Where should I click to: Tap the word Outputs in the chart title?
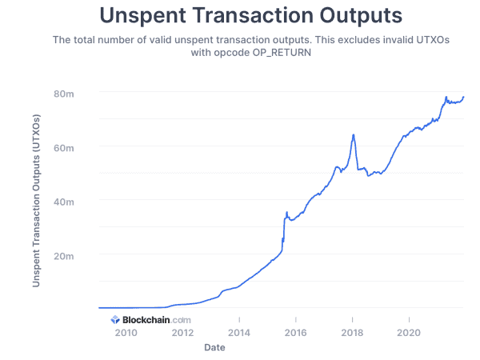tap(353, 15)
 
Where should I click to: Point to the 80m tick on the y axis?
tap(65, 94)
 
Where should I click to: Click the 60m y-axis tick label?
tap(65, 147)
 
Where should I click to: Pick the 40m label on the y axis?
tap(65, 201)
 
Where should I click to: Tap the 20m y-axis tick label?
tap(65, 255)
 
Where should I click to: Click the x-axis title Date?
tap(214, 348)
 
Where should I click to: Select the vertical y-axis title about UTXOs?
tap(36, 202)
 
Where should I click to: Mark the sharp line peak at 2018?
tap(353, 134)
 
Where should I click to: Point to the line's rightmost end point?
tap(464, 97)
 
